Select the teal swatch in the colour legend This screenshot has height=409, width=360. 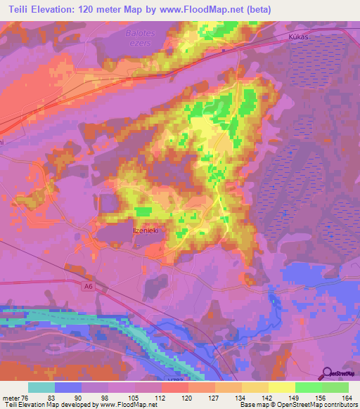click(x=41, y=387)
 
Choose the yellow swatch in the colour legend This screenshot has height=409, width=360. click(x=282, y=387)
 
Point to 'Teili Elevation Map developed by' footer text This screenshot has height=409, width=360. click(x=51, y=404)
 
